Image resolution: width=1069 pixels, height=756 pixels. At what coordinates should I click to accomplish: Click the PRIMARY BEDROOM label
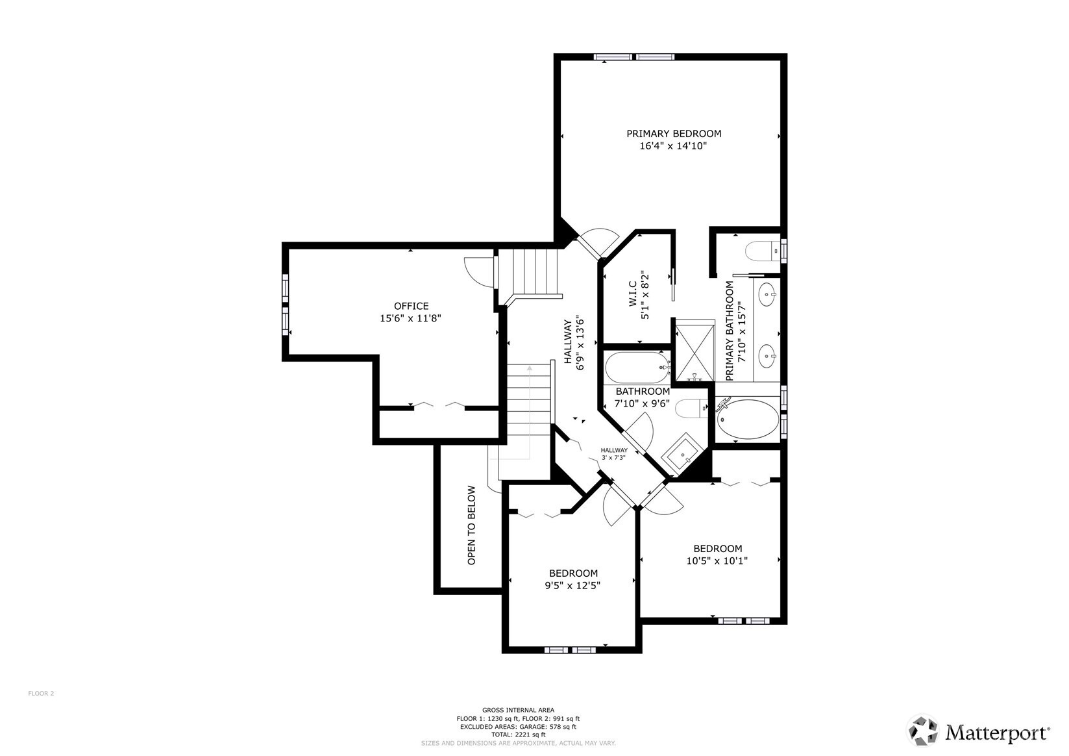[673, 134]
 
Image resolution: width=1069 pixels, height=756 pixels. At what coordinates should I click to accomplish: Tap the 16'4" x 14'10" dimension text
[673, 147]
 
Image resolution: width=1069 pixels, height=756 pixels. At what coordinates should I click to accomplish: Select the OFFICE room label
[411, 306]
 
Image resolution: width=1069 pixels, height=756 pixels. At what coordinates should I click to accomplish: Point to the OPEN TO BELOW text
[472, 525]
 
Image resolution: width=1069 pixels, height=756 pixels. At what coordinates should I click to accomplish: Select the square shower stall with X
[694, 350]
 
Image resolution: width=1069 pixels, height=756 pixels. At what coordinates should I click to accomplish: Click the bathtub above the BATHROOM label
[637, 368]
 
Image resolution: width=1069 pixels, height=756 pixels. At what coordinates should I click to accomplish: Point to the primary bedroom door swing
[600, 242]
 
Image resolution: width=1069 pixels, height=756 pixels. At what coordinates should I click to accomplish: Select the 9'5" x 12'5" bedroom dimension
[572, 585]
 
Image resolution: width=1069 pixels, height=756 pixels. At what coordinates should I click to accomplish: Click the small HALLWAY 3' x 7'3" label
[613, 453]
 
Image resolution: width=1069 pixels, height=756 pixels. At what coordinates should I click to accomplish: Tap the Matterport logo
[977, 732]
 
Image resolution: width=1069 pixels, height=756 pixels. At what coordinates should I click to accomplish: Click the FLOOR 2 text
[41, 694]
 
